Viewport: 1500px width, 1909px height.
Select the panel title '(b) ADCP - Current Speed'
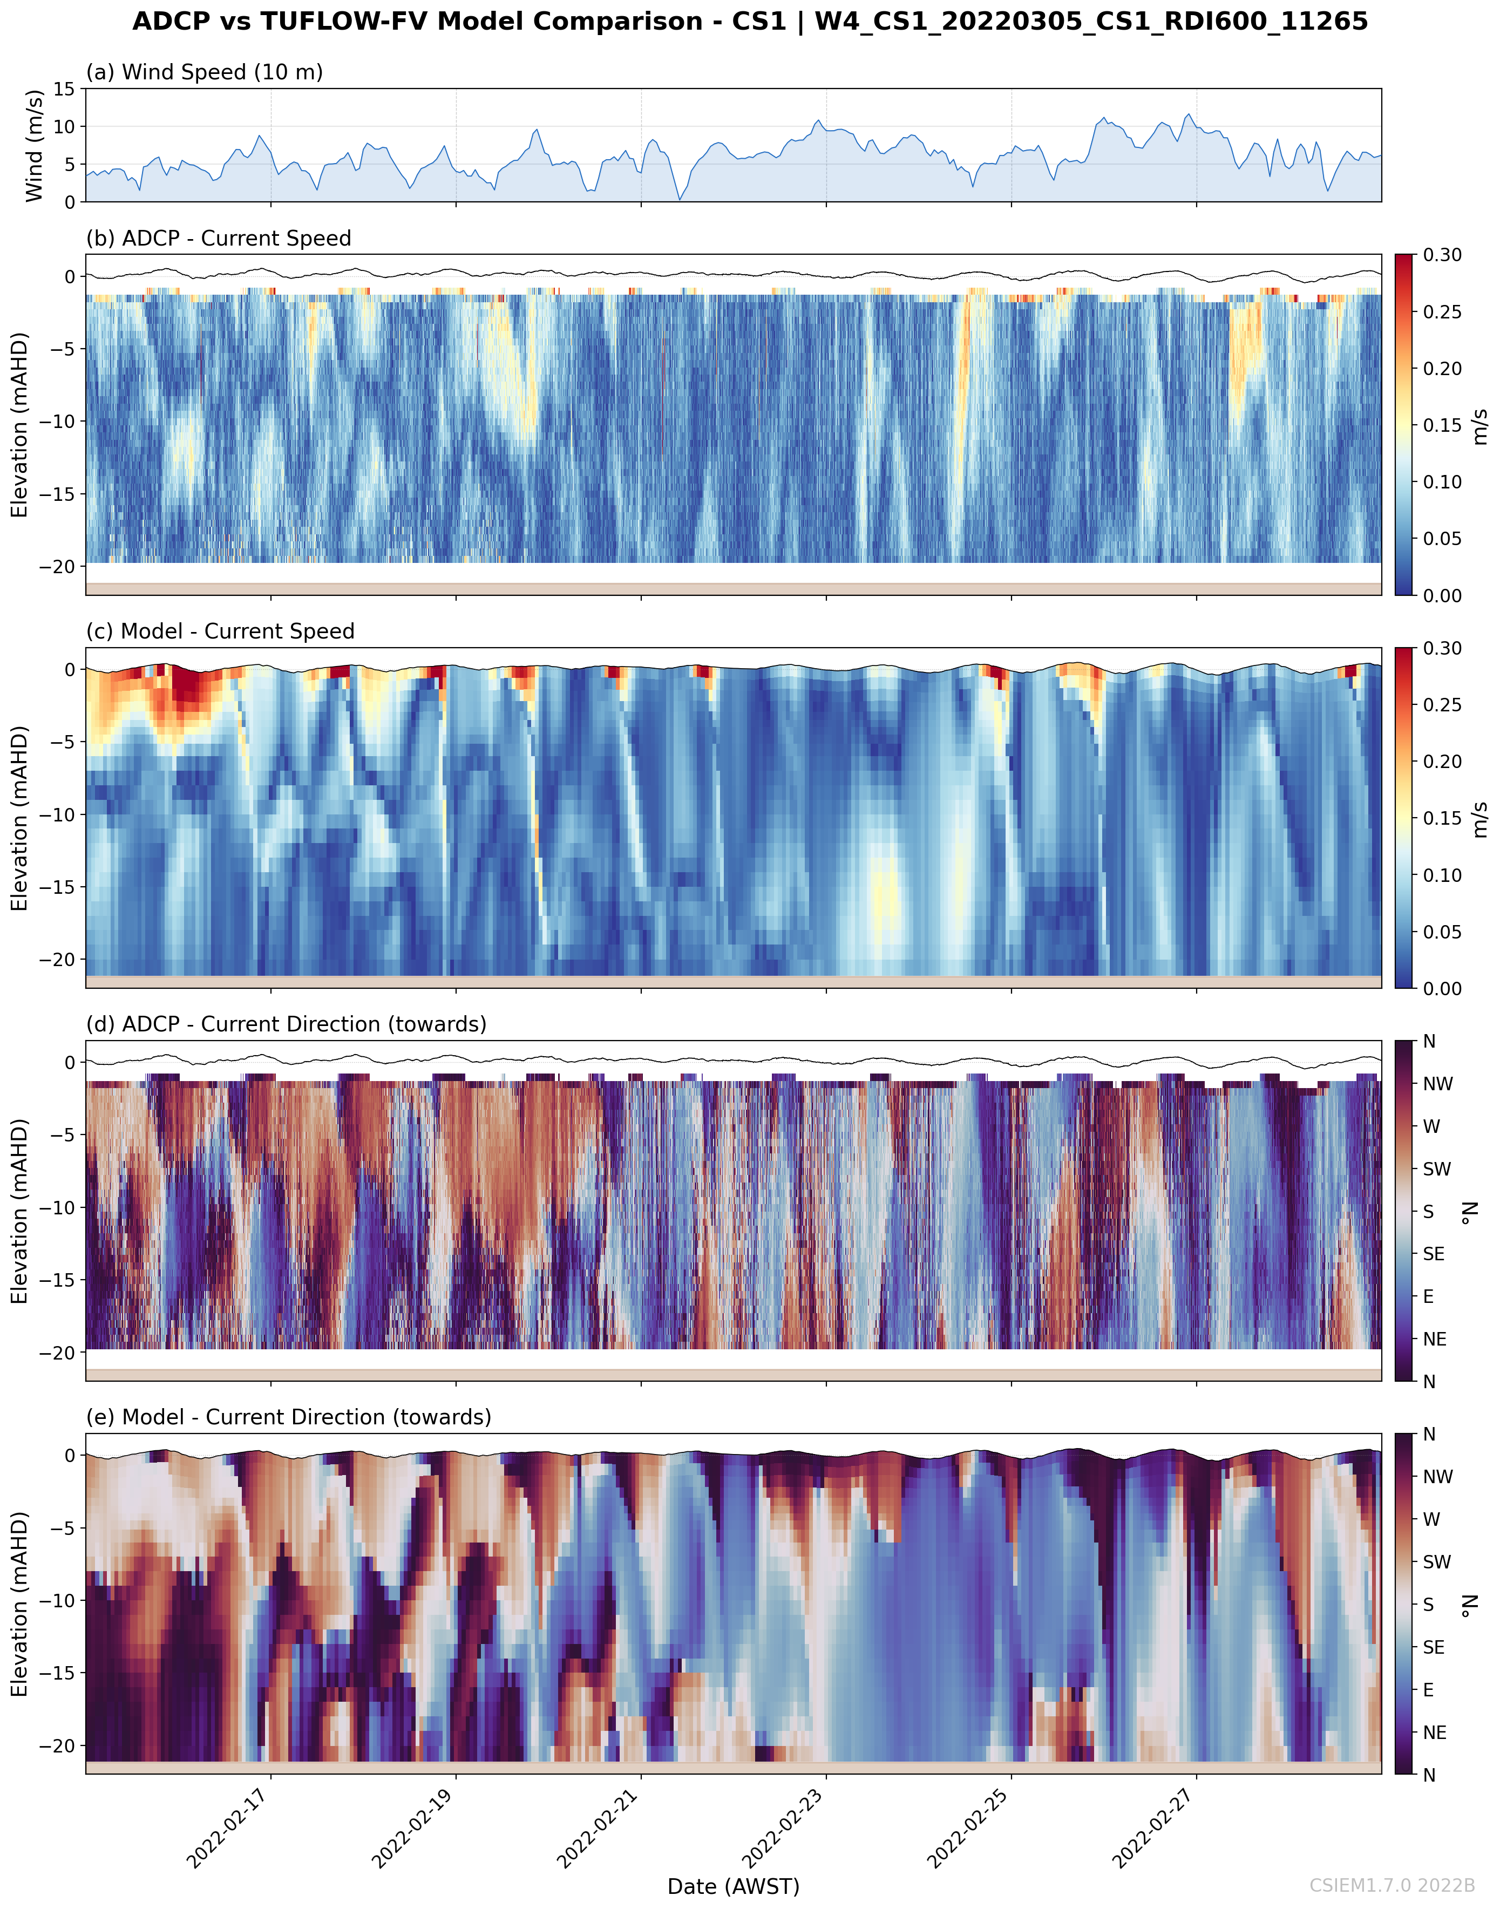click(219, 238)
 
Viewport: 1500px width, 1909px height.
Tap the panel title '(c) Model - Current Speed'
click(220, 631)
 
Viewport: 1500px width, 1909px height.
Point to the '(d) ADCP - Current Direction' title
click(286, 1024)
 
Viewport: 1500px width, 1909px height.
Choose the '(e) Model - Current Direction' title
click(288, 1417)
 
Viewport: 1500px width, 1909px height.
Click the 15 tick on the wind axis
click(64, 89)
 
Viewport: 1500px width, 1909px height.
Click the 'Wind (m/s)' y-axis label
click(34, 145)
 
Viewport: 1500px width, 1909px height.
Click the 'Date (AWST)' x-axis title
click(734, 1886)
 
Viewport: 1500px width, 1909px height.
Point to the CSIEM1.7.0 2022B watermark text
click(1392, 1885)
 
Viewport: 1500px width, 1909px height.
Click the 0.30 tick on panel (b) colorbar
click(1443, 255)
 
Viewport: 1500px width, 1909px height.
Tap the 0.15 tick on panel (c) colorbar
click(1443, 818)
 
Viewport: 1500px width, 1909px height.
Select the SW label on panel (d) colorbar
click(1437, 1169)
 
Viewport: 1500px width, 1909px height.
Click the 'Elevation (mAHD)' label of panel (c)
click(19, 818)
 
